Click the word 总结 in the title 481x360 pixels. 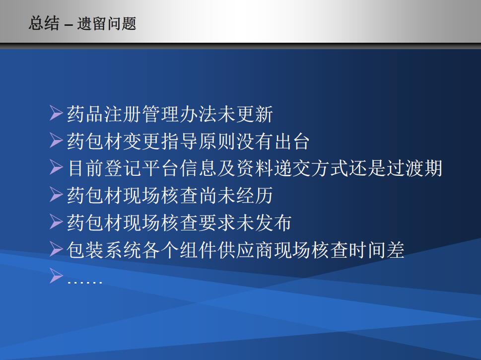[x=44, y=23]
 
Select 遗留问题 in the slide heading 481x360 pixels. [x=106, y=23]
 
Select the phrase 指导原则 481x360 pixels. [x=198, y=141]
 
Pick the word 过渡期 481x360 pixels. [x=414, y=168]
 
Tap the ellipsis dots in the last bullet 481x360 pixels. [x=85, y=282]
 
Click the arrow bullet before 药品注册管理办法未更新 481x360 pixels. [x=56, y=113]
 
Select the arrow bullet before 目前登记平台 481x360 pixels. [x=56, y=167]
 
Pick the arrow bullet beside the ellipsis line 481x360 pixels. [x=56, y=276]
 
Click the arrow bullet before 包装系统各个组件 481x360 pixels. [x=56, y=249]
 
